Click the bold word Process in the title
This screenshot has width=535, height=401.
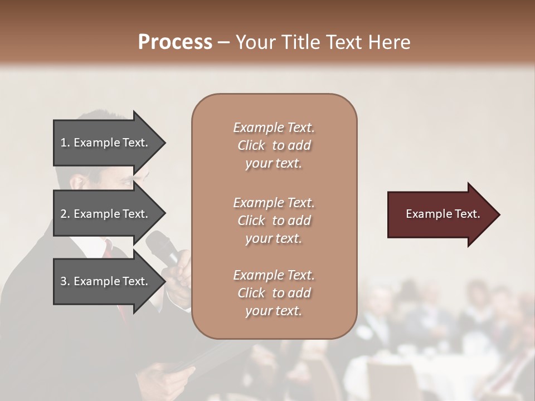click(x=175, y=42)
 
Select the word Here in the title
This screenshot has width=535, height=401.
click(x=388, y=42)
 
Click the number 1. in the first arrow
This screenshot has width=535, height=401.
click(x=65, y=143)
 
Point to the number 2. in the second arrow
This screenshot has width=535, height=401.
click(x=65, y=214)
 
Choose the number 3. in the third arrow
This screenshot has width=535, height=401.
click(x=65, y=281)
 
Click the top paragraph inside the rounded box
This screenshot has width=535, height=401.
click(x=274, y=145)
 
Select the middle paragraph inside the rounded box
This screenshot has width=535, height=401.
click(x=274, y=221)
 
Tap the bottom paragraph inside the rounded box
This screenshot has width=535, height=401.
click(x=274, y=293)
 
